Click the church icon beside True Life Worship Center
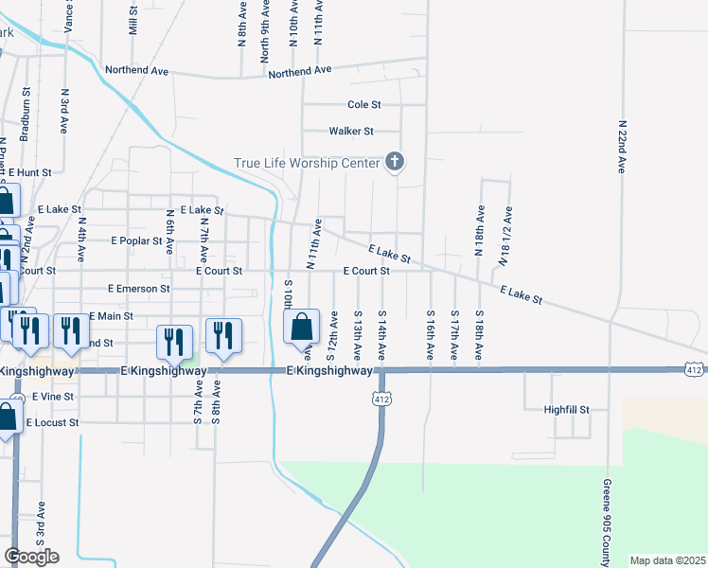pyautogui.click(x=395, y=163)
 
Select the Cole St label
pyautogui.click(x=363, y=105)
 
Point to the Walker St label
pyautogui.click(x=351, y=132)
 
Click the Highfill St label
pyautogui.click(x=566, y=410)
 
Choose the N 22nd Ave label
pyautogui.click(x=622, y=146)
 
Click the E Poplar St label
pyautogui.click(x=136, y=241)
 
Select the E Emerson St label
pyautogui.click(x=138, y=288)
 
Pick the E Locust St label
pyautogui.click(x=65, y=422)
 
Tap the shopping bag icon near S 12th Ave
pyautogui.click(x=300, y=328)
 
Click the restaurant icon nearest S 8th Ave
pyautogui.click(x=223, y=336)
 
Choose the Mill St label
pyautogui.click(x=133, y=19)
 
